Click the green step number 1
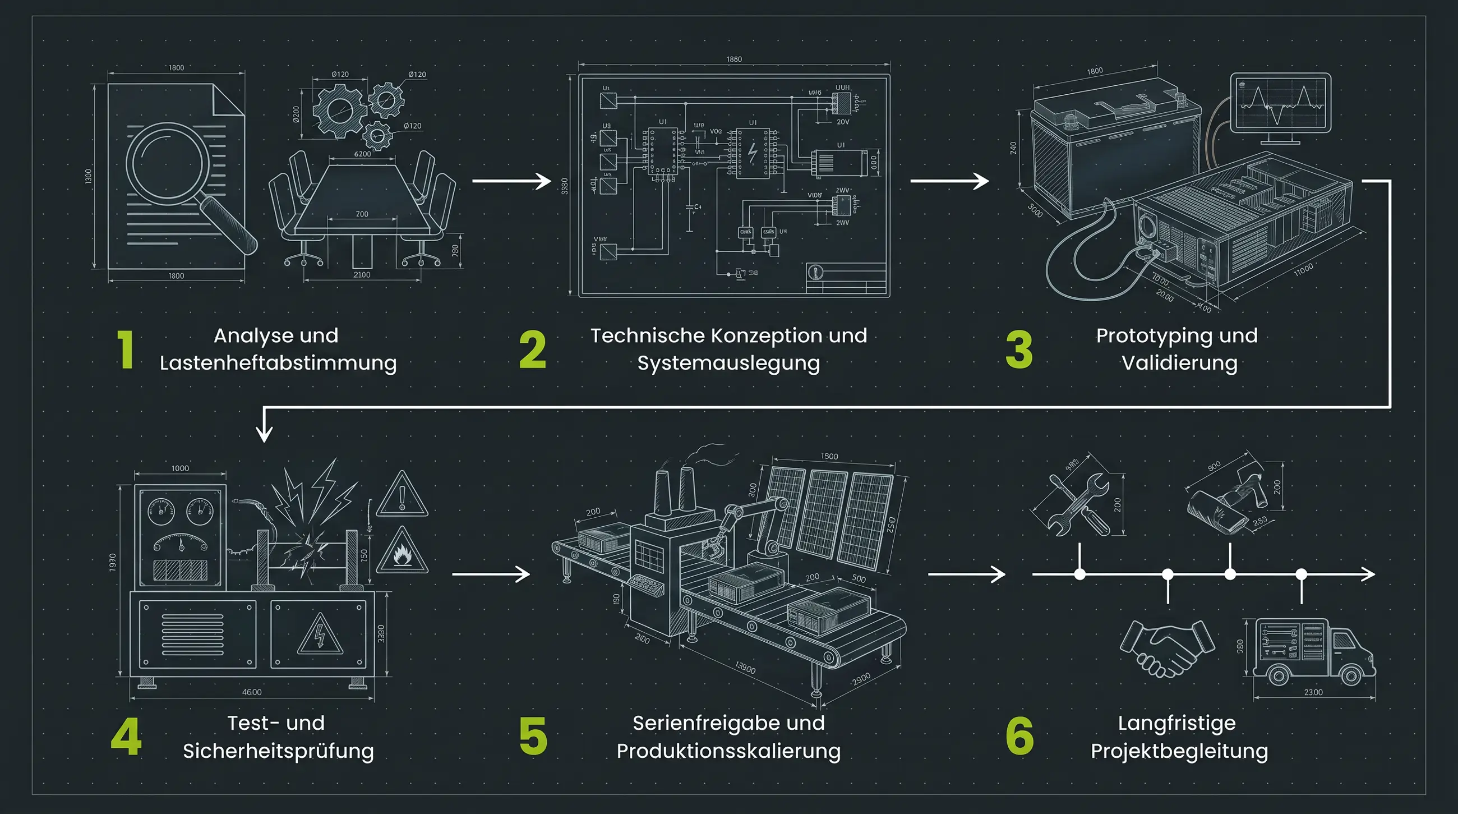[125, 349]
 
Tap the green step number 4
[126, 737]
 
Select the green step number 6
[1019, 737]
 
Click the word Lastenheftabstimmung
[278, 363]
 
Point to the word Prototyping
[1150, 335]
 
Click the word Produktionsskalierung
[728, 751]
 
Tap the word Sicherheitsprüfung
[278, 751]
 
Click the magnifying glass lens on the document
[164, 163]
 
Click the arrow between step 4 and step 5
[491, 574]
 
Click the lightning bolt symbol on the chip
[753, 153]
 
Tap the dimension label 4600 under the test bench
[252, 692]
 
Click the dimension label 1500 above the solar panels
[829, 456]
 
